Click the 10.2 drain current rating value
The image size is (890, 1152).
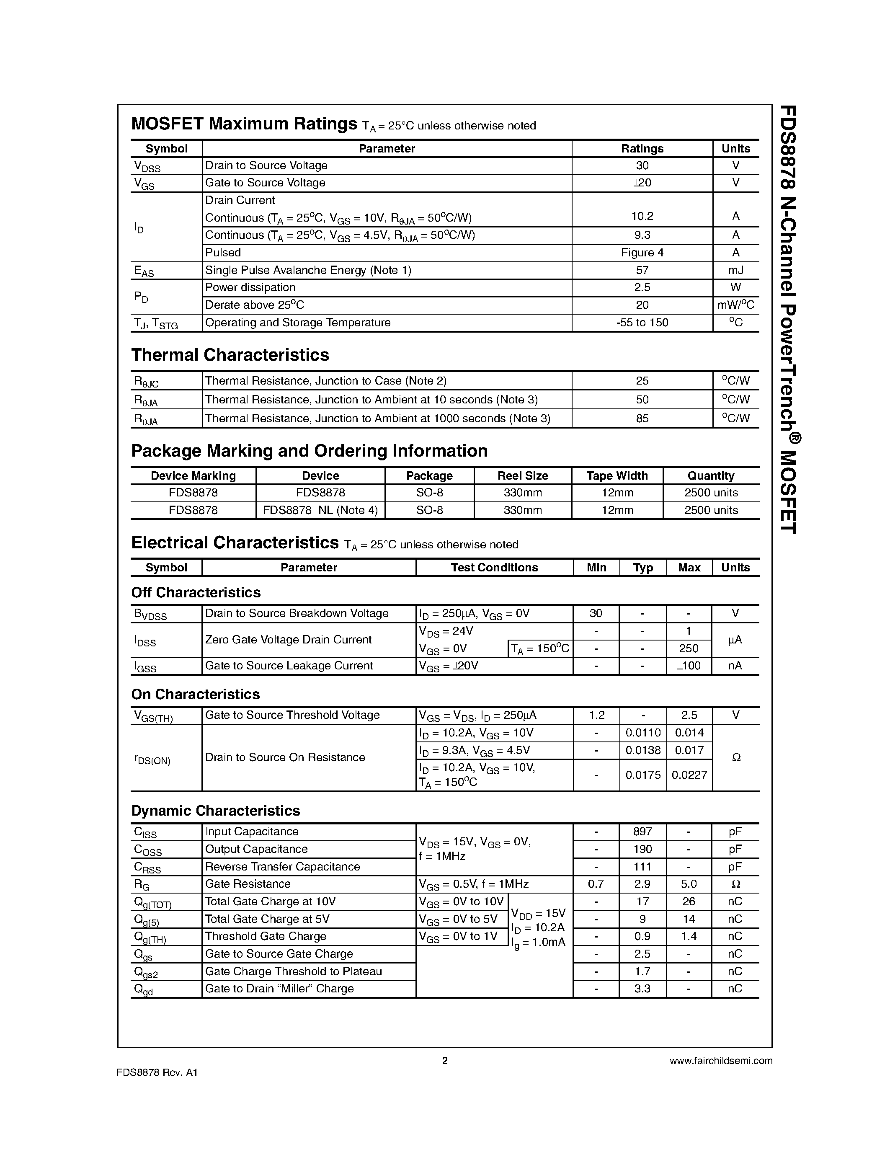click(x=642, y=216)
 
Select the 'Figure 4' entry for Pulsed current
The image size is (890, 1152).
click(x=642, y=253)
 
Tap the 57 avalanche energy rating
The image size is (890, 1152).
click(x=642, y=270)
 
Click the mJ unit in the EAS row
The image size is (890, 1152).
click(x=735, y=270)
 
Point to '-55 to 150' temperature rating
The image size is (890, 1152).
click(x=642, y=322)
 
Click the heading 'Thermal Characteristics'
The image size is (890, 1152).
click(x=230, y=355)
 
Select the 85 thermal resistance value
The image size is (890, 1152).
click(x=642, y=418)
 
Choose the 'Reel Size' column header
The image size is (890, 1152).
click(x=523, y=476)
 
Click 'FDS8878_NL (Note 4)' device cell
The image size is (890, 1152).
click(x=320, y=510)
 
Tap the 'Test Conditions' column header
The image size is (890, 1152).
click(x=494, y=568)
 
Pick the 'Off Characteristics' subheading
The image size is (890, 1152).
click(x=196, y=592)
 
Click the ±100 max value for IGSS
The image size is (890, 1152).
click(x=689, y=666)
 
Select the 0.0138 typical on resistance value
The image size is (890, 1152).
click(x=643, y=750)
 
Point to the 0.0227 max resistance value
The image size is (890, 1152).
click(x=689, y=775)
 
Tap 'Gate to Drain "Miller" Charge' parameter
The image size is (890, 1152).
click(x=279, y=989)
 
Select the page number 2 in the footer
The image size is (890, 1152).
click(x=444, y=1061)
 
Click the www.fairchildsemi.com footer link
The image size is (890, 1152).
click(x=721, y=1061)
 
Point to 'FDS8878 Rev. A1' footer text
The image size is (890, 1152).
click(x=157, y=1072)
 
